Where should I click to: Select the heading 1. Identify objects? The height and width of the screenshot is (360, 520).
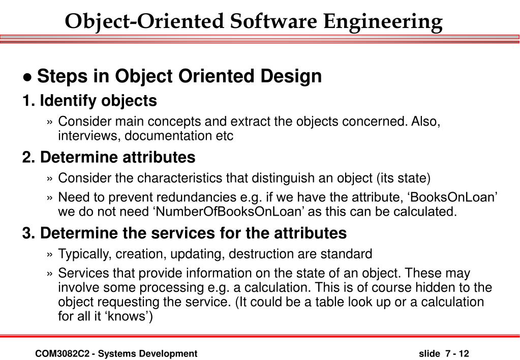click(x=89, y=101)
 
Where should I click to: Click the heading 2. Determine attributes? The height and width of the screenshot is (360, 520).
click(x=108, y=158)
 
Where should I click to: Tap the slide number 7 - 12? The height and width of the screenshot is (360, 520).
click(x=456, y=353)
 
